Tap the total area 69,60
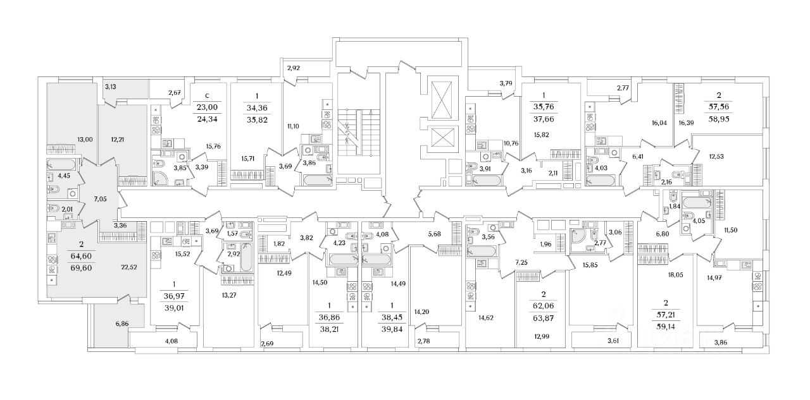pyautogui.click(x=80, y=268)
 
